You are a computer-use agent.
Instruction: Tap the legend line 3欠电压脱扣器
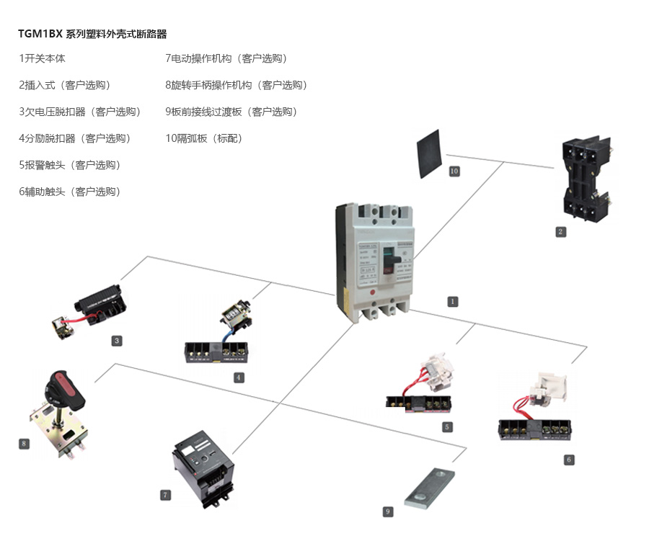pos(79,112)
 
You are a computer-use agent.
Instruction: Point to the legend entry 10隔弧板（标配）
pos(204,138)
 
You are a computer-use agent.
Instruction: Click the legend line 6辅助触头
pos(69,192)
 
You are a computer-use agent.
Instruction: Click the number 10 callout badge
pos(454,171)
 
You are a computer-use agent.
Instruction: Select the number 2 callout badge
pos(560,231)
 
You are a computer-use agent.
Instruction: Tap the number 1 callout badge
pos(453,301)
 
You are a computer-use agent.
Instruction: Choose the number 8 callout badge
pos(24,444)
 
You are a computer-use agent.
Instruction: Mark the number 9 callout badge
pos(388,511)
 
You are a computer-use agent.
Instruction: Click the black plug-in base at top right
pos(586,176)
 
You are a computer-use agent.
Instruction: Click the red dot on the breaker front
pos(373,292)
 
